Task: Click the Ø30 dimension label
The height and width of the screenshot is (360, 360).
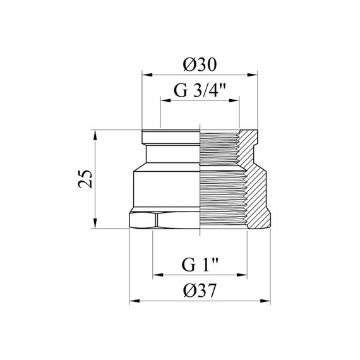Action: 200,64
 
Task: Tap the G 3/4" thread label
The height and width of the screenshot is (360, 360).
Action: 200,90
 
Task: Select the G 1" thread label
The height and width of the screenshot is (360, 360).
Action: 200,265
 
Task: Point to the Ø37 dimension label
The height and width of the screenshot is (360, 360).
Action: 200,291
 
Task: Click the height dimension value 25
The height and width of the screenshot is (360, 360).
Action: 85,179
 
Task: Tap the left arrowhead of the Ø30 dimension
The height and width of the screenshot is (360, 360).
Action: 147,75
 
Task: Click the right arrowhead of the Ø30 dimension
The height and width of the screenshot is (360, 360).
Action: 252,75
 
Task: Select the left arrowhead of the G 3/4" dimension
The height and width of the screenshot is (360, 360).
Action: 165,100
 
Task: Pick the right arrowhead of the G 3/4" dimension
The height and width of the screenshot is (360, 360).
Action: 234,100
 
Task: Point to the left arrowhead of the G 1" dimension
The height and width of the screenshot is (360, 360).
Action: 158,275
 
